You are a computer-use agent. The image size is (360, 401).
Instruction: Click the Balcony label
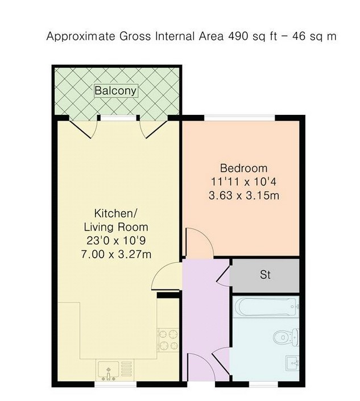[116, 91]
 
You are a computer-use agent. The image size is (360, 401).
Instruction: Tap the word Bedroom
[243, 168]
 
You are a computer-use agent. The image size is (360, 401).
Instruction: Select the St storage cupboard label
[265, 275]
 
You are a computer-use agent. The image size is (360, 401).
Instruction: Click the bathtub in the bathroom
[267, 307]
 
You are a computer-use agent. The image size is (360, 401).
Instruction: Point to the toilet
[285, 337]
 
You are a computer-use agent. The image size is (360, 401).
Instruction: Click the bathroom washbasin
[292, 363]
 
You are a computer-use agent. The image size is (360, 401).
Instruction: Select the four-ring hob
[168, 340]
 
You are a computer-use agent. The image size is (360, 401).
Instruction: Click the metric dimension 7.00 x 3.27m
[116, 254]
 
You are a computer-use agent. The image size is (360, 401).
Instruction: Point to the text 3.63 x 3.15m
[243, 196]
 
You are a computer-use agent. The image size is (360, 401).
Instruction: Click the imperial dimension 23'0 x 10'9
[116, 241]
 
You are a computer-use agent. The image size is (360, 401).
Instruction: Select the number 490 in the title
[238, 36]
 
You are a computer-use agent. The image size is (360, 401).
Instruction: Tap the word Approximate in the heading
[81, 36]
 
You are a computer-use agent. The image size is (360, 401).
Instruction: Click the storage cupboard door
[223, 274]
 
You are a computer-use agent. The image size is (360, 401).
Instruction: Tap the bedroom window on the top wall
[239, 118]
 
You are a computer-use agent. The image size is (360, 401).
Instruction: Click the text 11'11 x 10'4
[243, 182]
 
